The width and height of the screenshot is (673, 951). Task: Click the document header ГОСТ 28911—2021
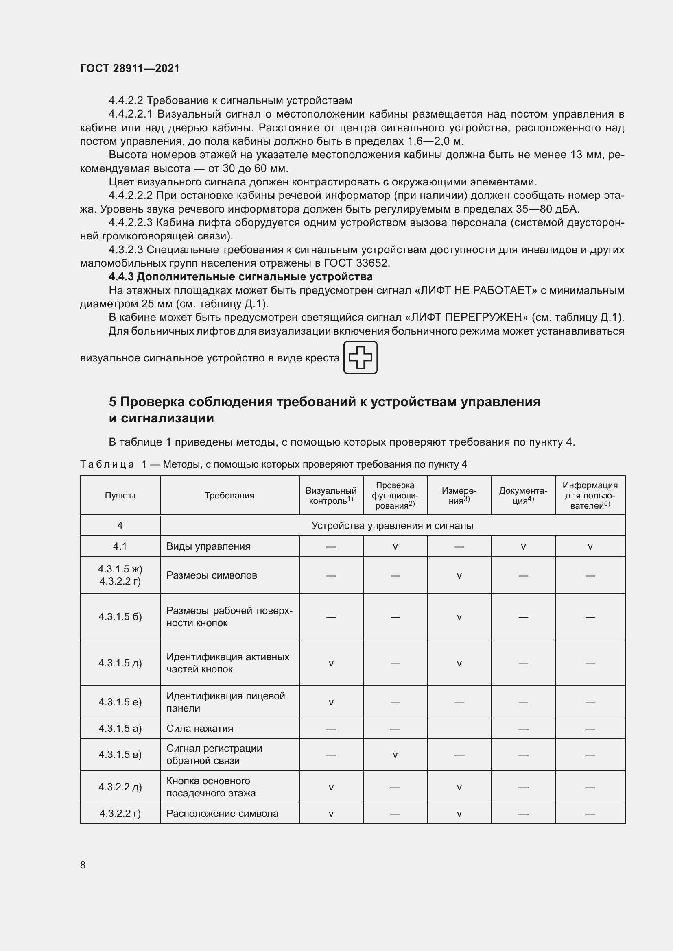point(130,68)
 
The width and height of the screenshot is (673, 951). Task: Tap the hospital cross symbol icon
point(360,357)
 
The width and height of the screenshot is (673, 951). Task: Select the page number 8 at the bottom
point(83,865)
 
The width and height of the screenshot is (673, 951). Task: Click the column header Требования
point(229,495)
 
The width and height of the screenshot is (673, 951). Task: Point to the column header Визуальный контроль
point(331,495)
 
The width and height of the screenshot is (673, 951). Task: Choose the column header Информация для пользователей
point(590,495)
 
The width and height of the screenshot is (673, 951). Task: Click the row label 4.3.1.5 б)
point(120,617)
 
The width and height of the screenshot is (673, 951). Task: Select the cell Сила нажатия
point(200,728)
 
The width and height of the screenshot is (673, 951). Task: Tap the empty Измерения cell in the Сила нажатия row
point(459,728)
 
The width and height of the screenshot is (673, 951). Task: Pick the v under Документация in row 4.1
point(523,547)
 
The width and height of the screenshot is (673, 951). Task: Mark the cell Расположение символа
point(222,813)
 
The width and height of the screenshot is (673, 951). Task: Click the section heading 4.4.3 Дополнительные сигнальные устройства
point(240,277)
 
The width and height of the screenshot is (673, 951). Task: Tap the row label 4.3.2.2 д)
point(120,787)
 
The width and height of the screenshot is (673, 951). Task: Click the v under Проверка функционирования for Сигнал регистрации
point(395,755)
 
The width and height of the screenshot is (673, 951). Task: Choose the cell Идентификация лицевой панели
point(225,702)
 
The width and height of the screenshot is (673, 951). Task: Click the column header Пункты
point(120,495)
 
